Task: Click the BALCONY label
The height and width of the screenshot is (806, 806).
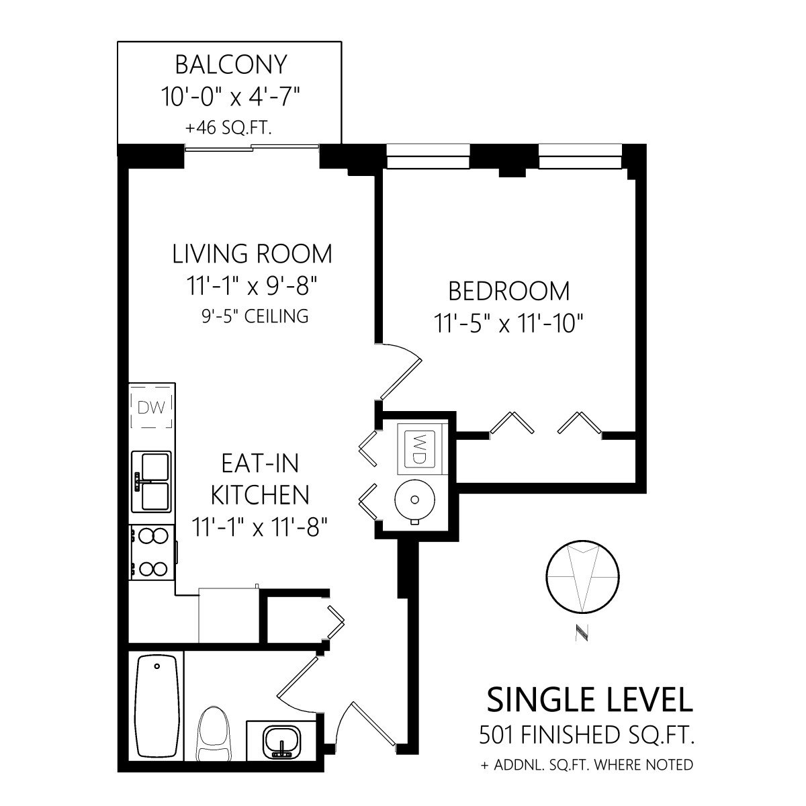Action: tap(231, 65)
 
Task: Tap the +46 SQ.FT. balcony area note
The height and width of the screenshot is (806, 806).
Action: tap(229, 128)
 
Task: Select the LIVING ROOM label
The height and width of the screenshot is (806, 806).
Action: tap(253, 254)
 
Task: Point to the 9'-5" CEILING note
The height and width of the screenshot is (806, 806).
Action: tap(255, 316)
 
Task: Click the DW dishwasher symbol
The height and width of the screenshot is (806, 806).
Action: tap(151, 408)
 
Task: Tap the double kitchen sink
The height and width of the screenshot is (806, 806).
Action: tap(151, 482)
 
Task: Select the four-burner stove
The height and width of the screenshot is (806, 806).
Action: tap(151, 552)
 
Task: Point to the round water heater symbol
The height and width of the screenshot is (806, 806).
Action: tap(415, 500)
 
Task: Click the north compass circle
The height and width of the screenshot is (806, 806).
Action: tap(582, 578)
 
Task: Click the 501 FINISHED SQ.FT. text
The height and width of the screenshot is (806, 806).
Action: tap(587, 735)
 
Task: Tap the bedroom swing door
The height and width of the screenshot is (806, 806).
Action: tap(400, 371)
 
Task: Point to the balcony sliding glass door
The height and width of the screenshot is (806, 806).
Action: tap(252, 147)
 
